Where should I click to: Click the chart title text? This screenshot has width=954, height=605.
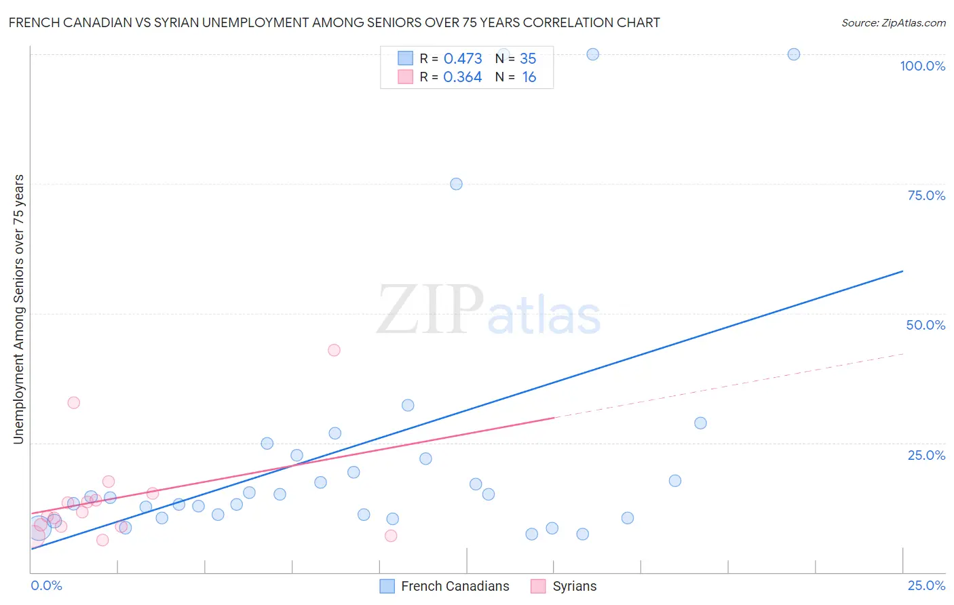334,23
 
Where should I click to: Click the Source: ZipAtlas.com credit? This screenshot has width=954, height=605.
893,23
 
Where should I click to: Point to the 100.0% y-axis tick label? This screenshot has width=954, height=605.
922,66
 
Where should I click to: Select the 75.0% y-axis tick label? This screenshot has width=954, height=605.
926,195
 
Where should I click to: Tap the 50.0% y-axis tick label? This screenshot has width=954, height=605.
926,325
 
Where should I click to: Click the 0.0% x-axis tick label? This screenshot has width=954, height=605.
46,585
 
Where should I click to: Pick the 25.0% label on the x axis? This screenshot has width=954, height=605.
926,585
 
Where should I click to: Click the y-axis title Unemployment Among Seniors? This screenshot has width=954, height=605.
19,309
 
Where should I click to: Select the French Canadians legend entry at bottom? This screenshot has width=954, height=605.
455,586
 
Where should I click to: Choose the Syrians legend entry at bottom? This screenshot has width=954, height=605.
574,586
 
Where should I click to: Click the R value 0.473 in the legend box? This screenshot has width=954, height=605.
463,59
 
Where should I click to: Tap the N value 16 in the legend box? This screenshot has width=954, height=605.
529,77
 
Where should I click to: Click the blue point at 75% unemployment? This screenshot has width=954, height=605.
456,184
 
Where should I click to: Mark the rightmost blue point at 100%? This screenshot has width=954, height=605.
793,54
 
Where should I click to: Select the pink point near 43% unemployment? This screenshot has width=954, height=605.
334,350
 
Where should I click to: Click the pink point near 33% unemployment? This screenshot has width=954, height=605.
73,403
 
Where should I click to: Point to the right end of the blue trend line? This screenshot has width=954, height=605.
902,271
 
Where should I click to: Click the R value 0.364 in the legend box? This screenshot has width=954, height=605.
463,77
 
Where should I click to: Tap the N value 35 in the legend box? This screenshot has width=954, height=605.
528,59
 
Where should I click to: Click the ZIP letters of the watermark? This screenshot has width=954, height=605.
430,310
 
